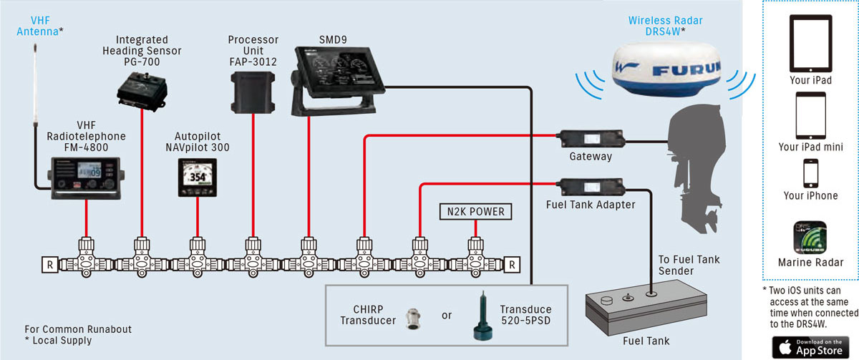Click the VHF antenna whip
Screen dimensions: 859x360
click(x=35, y=84)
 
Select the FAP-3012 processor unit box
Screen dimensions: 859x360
click(x=253, y=93)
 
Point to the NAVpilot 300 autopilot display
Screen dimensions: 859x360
click(x=198, y=177)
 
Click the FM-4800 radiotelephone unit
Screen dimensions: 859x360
click(x=86, y=178)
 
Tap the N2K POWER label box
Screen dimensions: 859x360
click(x=475, y=212)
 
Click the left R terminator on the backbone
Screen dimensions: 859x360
click(x=50, y=265)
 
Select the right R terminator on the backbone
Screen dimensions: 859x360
click(x=512, y=265)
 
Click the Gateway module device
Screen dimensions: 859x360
click(x=591, y=139)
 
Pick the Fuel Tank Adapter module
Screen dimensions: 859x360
click(x=591, y=187)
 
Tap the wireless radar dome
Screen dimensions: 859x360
click(x=666, y=69)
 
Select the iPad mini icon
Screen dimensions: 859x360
click(x=810, y=115)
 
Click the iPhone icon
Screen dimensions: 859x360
click(x=810, y=173)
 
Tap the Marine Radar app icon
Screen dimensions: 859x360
click(x=810, y=238)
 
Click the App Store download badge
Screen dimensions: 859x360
click(x=810, y=347)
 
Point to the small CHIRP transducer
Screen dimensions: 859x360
click(x=413, y=319)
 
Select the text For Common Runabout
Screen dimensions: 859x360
click(x=78, y=329)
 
